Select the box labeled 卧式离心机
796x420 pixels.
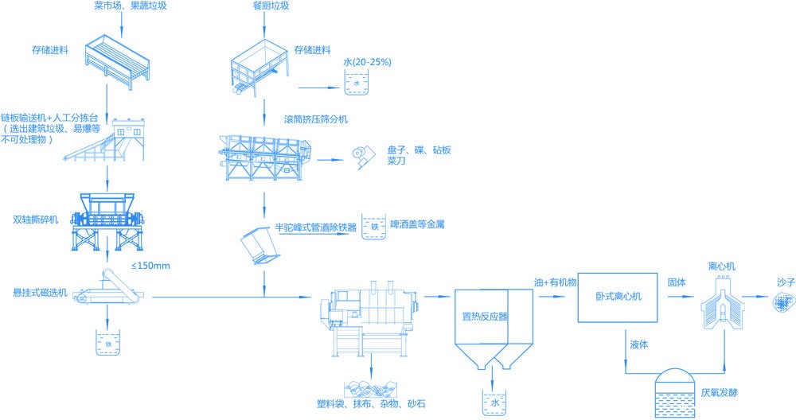pos(618,297)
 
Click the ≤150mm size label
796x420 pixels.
pos(150,265)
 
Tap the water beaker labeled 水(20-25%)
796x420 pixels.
pos(356,82)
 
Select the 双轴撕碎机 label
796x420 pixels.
pos(35,219)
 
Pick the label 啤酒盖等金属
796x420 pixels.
pos(416,225)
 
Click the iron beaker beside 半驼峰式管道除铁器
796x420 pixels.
pos(373,227)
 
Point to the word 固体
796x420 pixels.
pos(677,282)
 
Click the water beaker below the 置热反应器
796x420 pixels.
pos(494,402)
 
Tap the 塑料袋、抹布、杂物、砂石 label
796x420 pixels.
pos(370,404)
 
